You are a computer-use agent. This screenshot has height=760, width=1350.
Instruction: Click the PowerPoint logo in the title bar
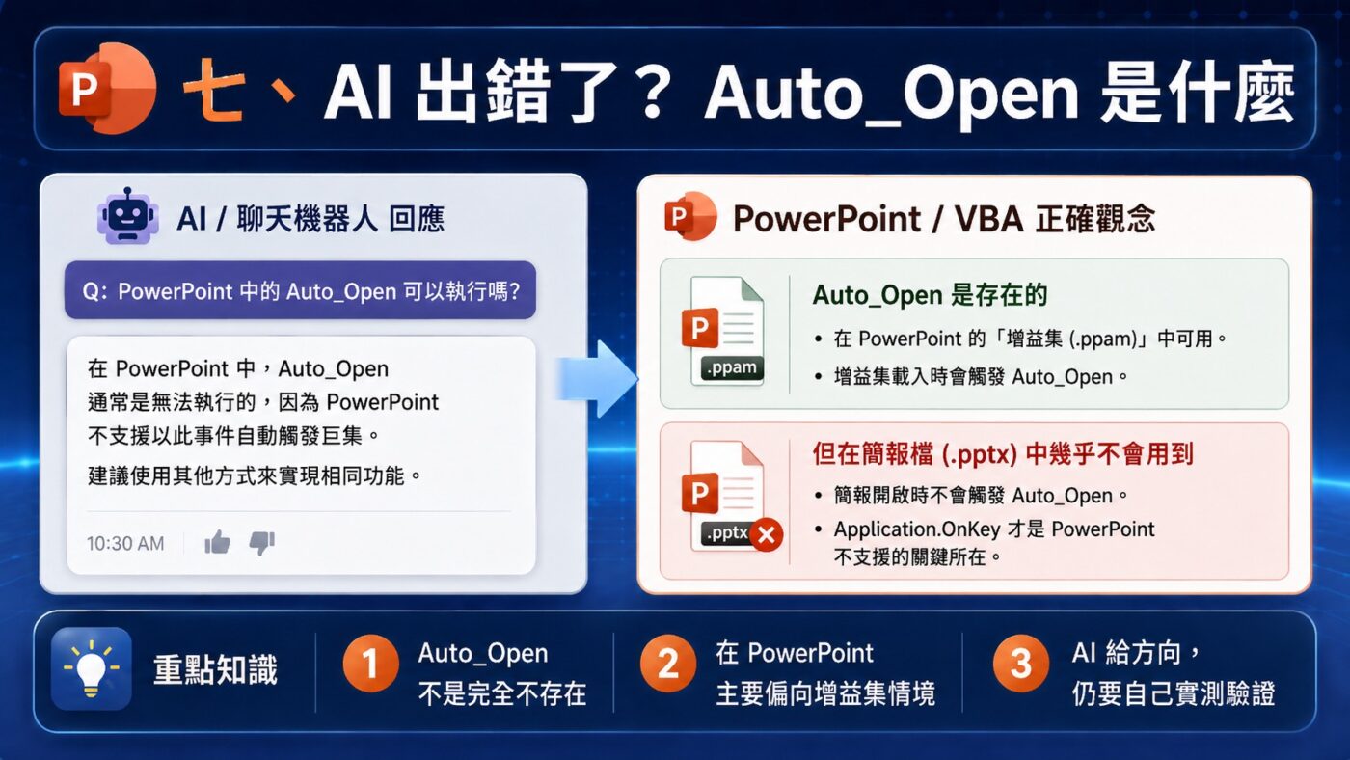tap(107, 88)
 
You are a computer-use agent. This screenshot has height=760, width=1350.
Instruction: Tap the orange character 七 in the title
tap(214, 90)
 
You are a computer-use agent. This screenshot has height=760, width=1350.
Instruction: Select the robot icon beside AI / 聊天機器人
tap(127, 216)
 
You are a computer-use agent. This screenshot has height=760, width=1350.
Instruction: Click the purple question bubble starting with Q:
tap(300, 290)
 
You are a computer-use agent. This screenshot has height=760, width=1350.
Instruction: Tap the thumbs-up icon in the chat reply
tap(217, 542)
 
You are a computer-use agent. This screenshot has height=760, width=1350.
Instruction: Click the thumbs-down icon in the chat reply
tap(262, 542)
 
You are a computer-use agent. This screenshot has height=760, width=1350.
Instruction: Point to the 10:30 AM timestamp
tap(125, 544)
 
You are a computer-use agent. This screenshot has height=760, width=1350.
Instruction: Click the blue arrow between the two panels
tap(597, 378)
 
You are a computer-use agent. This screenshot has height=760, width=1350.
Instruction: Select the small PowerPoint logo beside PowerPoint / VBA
tap(690, 216)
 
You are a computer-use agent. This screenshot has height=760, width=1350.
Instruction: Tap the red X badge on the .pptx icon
tap(767, 534)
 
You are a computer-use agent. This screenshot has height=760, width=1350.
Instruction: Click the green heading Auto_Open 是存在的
tap(930, 295)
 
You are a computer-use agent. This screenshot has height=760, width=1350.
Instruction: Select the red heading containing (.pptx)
tap(1002, 454)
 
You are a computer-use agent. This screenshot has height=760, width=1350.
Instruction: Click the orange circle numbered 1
tap(370, 663)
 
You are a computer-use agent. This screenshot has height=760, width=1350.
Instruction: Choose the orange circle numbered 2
tap(668, 663)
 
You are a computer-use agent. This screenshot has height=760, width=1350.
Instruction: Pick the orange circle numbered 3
tap(1021, 663)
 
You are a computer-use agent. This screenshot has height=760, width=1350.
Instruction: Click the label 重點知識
tap(215, 669)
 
